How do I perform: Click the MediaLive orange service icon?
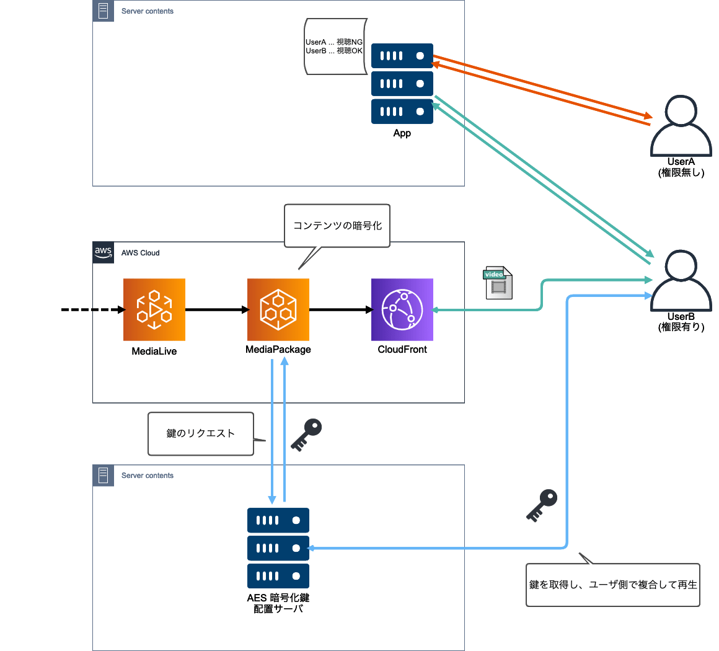pos(154,309)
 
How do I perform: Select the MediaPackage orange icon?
pos(278,309)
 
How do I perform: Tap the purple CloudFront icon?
pos(402,309)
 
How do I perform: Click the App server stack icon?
pos(402,84)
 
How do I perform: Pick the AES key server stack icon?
pos(278,548)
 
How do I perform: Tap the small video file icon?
pos(498,283)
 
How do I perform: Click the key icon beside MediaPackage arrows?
pos(307,435)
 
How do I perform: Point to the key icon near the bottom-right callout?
pos(542,505)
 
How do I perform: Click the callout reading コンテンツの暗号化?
pos(337,226)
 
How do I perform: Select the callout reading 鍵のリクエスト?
pos(201,433)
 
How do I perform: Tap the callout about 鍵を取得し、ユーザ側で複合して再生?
pos(612,585)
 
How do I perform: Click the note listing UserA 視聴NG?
pos(334,47)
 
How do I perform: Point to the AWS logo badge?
pos(103,252)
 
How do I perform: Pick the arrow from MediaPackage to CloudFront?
pos(340,309)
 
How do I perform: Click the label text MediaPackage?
pos(278,350)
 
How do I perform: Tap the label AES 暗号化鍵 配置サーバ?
pos(278,603)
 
